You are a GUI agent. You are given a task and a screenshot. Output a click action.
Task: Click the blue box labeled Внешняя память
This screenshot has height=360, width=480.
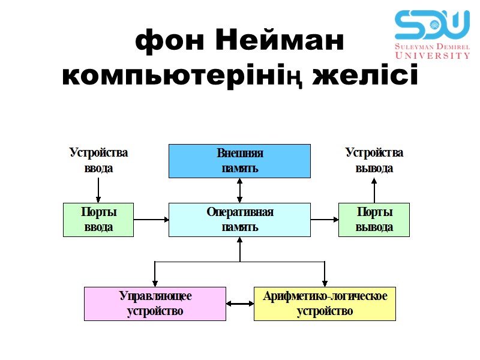pyautogui.click(x=239, y=161)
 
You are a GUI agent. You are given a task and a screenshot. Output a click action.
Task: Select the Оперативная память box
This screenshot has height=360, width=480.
pyautogui.click(x=239, y=220)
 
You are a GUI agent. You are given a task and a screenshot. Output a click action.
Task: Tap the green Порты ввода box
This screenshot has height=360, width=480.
pyautogui.click(x=98, y=220)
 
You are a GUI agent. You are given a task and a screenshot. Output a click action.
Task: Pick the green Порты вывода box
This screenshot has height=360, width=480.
pyautogui.click(x=374, y=220)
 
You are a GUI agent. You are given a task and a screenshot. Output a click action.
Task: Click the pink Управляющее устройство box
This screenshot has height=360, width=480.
pyautogui.click(x=155, y=304)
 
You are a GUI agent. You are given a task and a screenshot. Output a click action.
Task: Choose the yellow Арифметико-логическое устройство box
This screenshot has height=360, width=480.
pyautogui.click(x=325, y=304)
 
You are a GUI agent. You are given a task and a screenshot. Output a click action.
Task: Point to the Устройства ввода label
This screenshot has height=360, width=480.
pyautogui.click(x=98, y=160)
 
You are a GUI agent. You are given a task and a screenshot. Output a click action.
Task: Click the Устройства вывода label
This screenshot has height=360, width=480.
pyautogui.click(x=374, y=160)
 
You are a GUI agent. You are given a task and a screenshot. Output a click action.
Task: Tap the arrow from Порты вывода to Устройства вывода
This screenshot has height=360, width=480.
pyautogui.click(x=374, y=191)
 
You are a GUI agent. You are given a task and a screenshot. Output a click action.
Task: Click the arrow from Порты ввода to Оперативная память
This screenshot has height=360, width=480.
pyautogui.click(x=151, y=220)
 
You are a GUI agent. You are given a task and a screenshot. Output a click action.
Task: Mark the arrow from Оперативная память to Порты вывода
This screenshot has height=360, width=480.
pyautogui.click(x=325, y=220)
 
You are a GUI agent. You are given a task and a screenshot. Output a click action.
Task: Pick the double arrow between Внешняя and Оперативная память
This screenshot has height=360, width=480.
pyautogui.click(x=239, y=190)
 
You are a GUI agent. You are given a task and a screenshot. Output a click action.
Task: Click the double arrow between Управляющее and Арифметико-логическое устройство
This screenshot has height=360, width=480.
pyautogui.click(x=240, y=304)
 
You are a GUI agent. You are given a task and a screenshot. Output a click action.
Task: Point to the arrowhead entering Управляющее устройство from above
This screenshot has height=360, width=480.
pyautogui.click(x=155, y=283)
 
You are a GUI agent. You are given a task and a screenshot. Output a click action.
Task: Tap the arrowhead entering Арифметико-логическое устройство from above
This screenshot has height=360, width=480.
pyautogui.click(x=325, y=283)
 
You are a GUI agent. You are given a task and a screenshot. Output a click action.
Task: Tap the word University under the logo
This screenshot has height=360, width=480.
pyautogui.click(x=432, y=55)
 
